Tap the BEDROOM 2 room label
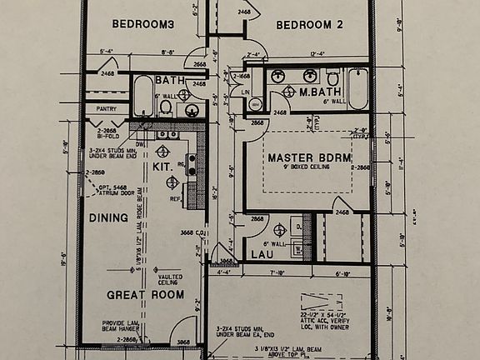[309, 25]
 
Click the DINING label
[109, 217]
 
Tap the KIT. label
[162, 167]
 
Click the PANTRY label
[106, 108]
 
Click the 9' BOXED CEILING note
[308, 167]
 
